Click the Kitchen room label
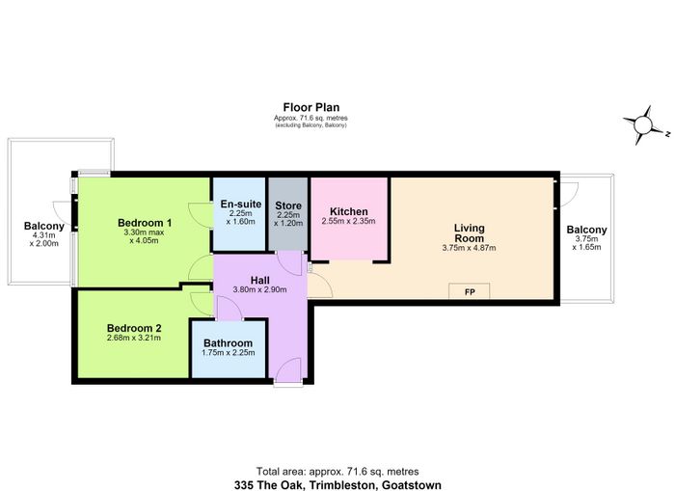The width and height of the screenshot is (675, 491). [x=349, y=211]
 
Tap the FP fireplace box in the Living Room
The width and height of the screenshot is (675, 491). [x=470, y=291]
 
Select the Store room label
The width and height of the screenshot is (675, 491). [x=288, y=205]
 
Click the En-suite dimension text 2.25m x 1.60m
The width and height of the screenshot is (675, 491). [x=241, y=217]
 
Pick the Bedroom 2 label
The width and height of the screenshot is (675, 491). [x=134, y=328]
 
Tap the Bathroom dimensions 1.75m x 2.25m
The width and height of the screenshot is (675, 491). [x=229, y=353]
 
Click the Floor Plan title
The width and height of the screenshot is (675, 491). [x=311, y=107]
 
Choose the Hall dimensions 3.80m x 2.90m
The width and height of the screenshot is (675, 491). [x=259, y=289]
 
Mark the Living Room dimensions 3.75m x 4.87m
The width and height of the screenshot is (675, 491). [x=469, y=248]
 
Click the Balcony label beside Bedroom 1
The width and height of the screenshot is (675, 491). [x=44, y=226]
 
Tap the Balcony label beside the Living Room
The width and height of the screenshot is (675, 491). [x=586, y=230]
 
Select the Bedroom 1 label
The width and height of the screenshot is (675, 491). [x=145, y=223]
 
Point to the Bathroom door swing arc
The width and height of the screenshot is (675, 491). [x=229, y=307]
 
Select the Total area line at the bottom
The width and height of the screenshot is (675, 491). [x=337, y=471]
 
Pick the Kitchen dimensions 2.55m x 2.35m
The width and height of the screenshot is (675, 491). [x=348, y=221]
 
